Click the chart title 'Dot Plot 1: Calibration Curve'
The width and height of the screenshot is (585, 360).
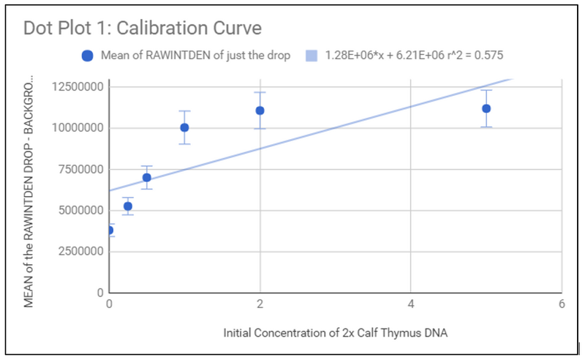(x=143, y=29)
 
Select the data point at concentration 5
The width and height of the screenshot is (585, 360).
(x=486, y=108)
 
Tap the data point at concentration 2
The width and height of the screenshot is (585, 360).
(x=260, y=110)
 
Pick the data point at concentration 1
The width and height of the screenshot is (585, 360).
(x=184, y=127)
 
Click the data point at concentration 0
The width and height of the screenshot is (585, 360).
(x=110, y=230)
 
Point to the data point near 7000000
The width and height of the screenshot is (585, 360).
(x=146, y=177)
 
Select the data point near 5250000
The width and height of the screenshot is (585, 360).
(x=128, y=206)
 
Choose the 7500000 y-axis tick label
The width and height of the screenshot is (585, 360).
(x=79, y=169)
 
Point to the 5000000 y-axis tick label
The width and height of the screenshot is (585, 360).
(x=79, y=211)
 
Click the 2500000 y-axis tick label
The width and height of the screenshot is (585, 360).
(x=79, y=252)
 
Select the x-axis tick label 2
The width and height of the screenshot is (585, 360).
(x=260, y=303)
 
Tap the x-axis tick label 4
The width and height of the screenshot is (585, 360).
(x=411, y=303)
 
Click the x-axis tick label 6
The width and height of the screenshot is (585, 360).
(x=562, y=303)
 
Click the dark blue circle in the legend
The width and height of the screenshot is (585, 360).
(x=87, y=56)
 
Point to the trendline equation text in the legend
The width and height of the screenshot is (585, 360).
(x=414, y=56)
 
